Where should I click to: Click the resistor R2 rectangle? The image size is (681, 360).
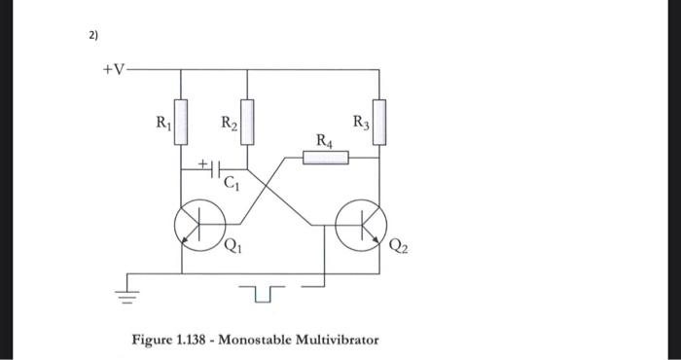(x=248, y=123)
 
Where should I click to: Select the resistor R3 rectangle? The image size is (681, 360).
(x=378, y=121)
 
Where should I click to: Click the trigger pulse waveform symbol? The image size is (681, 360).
(x=263, y=291)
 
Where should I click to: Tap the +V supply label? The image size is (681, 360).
(x=115, y=70)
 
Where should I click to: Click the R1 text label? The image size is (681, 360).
(x=161, y=124)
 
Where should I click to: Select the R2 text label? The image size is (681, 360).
(x=228, y=124)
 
